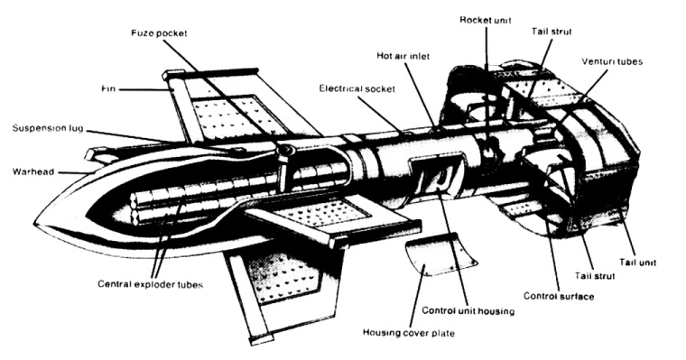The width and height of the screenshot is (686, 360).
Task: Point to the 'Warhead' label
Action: pyautogui.click(x=31, y=171)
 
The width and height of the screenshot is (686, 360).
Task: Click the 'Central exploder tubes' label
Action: pyautogui.click(x=148, y=284)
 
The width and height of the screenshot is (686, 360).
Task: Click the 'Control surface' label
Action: pyautogui.click(x=558, y=296)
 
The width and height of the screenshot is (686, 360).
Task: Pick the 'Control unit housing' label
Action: pyautogui.click(x=469, y=311)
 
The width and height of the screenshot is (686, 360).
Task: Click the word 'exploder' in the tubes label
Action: pyautogui.click(x=157, y=284)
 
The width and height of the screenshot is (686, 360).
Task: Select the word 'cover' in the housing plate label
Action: pyautogui.click(x=412, y=334)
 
